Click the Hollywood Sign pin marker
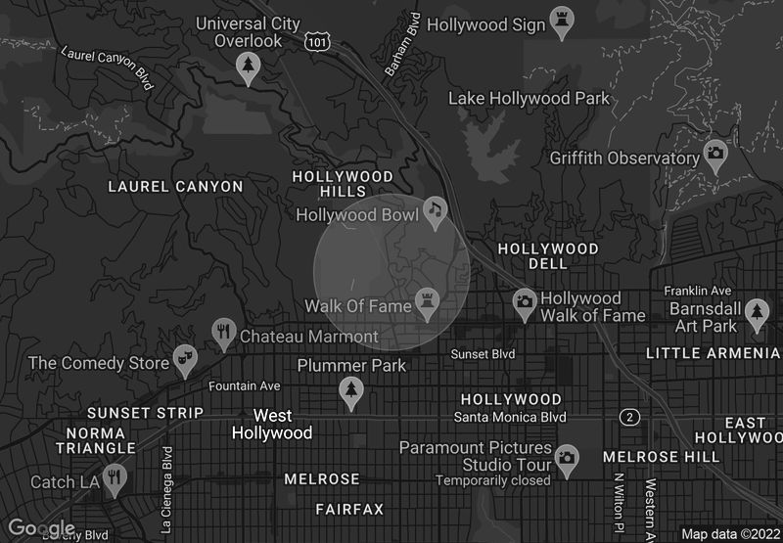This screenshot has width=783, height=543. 561,23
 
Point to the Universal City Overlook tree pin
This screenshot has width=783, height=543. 249,66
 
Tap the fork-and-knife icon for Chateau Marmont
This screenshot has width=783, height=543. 224,332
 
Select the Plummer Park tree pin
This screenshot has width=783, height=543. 350,390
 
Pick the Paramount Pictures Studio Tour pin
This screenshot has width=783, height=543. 566,455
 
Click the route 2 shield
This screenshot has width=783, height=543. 630,418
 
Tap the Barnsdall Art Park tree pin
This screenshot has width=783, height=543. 756,312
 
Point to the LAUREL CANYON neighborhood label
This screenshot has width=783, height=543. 175,186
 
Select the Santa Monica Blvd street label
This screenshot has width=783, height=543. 510,417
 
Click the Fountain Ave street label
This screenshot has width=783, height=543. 245,385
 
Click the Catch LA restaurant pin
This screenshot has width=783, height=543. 115,477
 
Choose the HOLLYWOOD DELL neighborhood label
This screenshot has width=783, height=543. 548,256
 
